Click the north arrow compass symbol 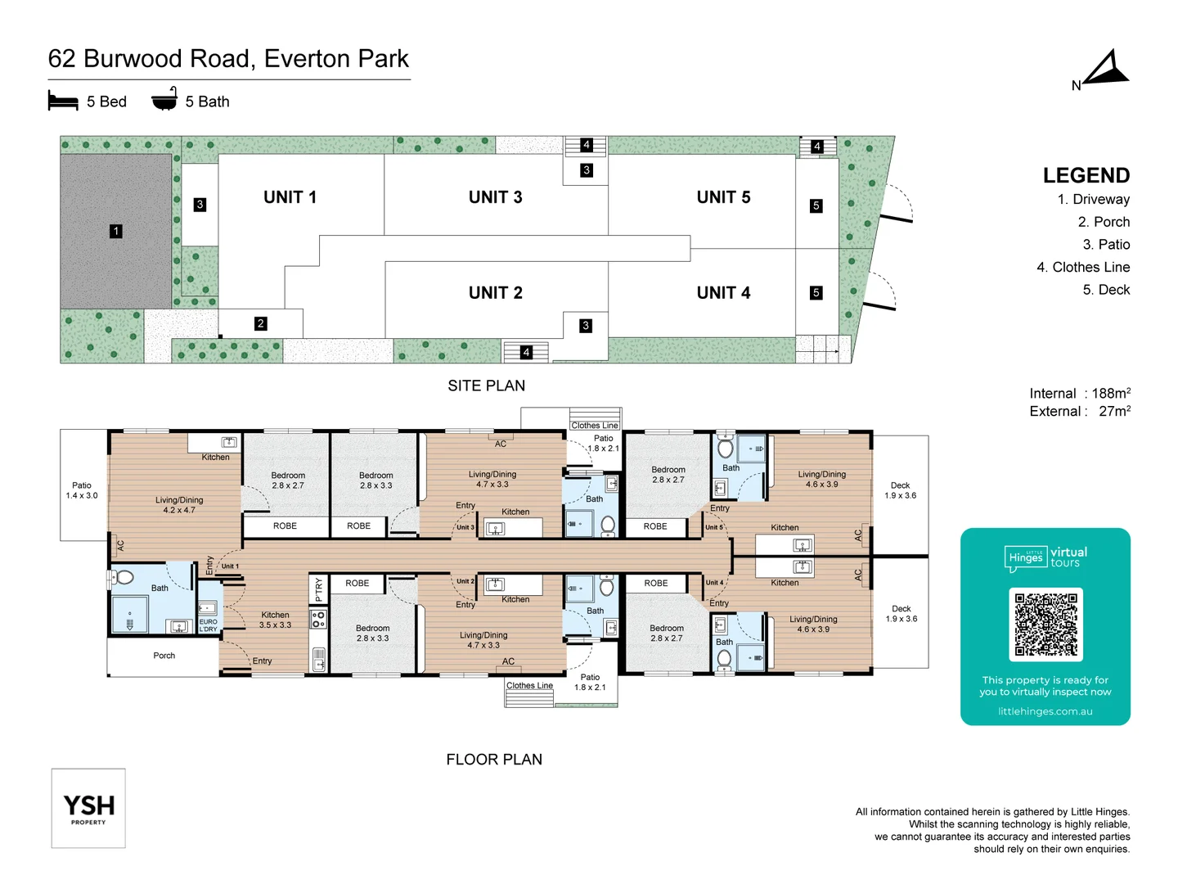(1106, 70)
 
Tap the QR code (1045, 625)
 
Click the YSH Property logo (88, 808)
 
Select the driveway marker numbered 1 (116, 232)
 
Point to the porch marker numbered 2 (260, 323)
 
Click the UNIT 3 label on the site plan (495, 197)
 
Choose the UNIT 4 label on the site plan (723, 293)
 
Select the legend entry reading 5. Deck (1105, 290)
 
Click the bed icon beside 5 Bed (63, 101)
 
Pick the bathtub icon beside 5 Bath (164, 99)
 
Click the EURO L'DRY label (209, 625)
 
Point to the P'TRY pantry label (318, 589)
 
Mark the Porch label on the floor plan (164, 656)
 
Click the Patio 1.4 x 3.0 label (82, 490)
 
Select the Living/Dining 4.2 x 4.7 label (179, 505)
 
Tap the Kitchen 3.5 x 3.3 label (275, 620)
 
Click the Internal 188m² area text (1079, 394)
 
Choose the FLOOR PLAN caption (494, 760)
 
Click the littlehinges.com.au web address (1045, 711)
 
